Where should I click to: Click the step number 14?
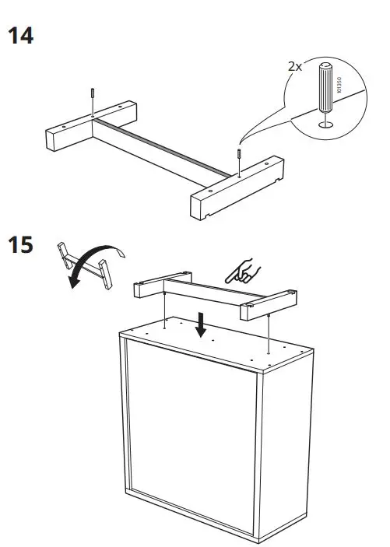21,37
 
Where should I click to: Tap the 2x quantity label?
294,67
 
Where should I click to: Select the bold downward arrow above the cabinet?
202,324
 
